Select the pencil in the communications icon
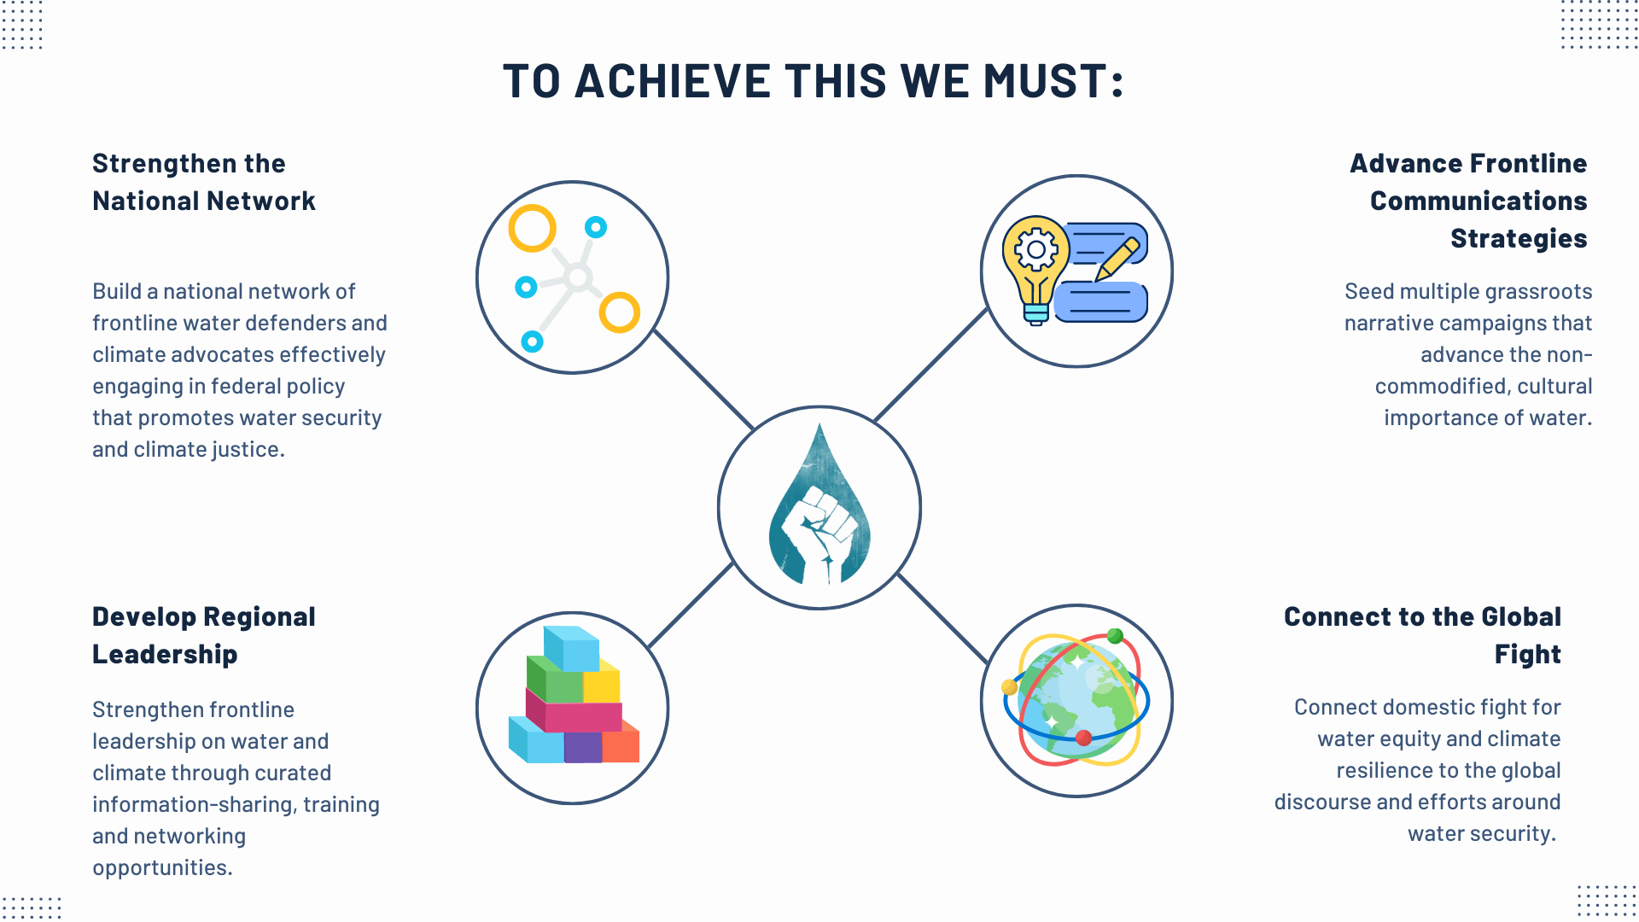[x=1117, y=259]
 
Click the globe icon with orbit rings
[x=1076, y=699]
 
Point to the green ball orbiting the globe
[x=1115, y=636]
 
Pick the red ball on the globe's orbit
[x=1083, y=738]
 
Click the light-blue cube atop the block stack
[x=571, y=649]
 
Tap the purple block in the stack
[x=583, y=747]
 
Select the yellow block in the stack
[x=602, y=681]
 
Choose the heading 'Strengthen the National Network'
[x=204, y=182]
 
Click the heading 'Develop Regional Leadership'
[x=204, y=635]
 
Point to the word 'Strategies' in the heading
[x=1519, y=238]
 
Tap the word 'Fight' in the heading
[x=1527, y=654]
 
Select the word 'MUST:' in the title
[x=1053, y=81]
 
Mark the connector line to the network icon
[x=703, y=379]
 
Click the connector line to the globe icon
[x=942, y=619]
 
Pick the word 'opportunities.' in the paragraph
[x=162, y=867]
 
